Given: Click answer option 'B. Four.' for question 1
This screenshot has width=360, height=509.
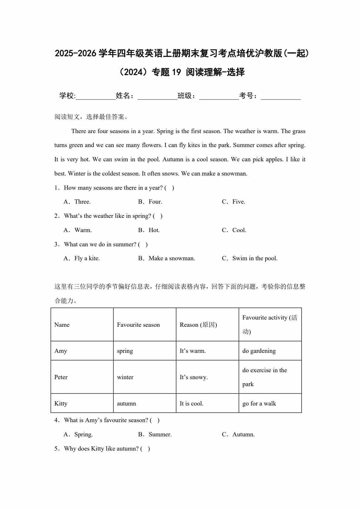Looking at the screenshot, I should click(x=150, y=202).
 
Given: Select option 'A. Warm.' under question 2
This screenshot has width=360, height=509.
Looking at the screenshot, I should click(x=78, y=230).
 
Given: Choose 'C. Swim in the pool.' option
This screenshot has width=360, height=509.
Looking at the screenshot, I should click(x=250, y=258).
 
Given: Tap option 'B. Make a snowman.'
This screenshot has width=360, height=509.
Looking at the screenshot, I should click(x=166, y=258).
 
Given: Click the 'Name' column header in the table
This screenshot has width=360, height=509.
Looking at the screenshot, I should click(x=62, y=325).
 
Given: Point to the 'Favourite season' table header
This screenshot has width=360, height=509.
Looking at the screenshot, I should click(x=138, y=325).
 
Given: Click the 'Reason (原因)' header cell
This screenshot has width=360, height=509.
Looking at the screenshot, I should click(x=198, y=325).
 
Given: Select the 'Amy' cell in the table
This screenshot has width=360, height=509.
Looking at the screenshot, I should click(x=61, y=351).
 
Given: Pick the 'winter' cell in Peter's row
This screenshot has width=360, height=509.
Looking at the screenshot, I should click(x=125, y=377).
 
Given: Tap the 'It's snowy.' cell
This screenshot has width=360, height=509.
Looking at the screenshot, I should click(x=194, y=377).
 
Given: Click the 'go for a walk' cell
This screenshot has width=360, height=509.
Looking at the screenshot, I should click(x=259, y=404).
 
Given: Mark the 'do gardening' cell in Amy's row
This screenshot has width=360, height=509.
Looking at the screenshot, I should click(x=259, y=351).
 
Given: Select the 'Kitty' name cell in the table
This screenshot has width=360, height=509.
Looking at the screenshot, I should click(x=61, y=404).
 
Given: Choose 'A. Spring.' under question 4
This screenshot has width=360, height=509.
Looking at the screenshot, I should click(x=78, y=435).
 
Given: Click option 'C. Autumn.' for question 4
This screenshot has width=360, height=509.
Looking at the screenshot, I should click(x=238, y=435).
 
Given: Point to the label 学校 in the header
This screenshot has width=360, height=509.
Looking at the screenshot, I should click(x=67, y=96).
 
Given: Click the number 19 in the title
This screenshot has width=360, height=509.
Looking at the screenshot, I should click(x=176, y=72).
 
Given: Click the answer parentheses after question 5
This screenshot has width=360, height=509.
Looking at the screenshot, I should click(x=145, y=449).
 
